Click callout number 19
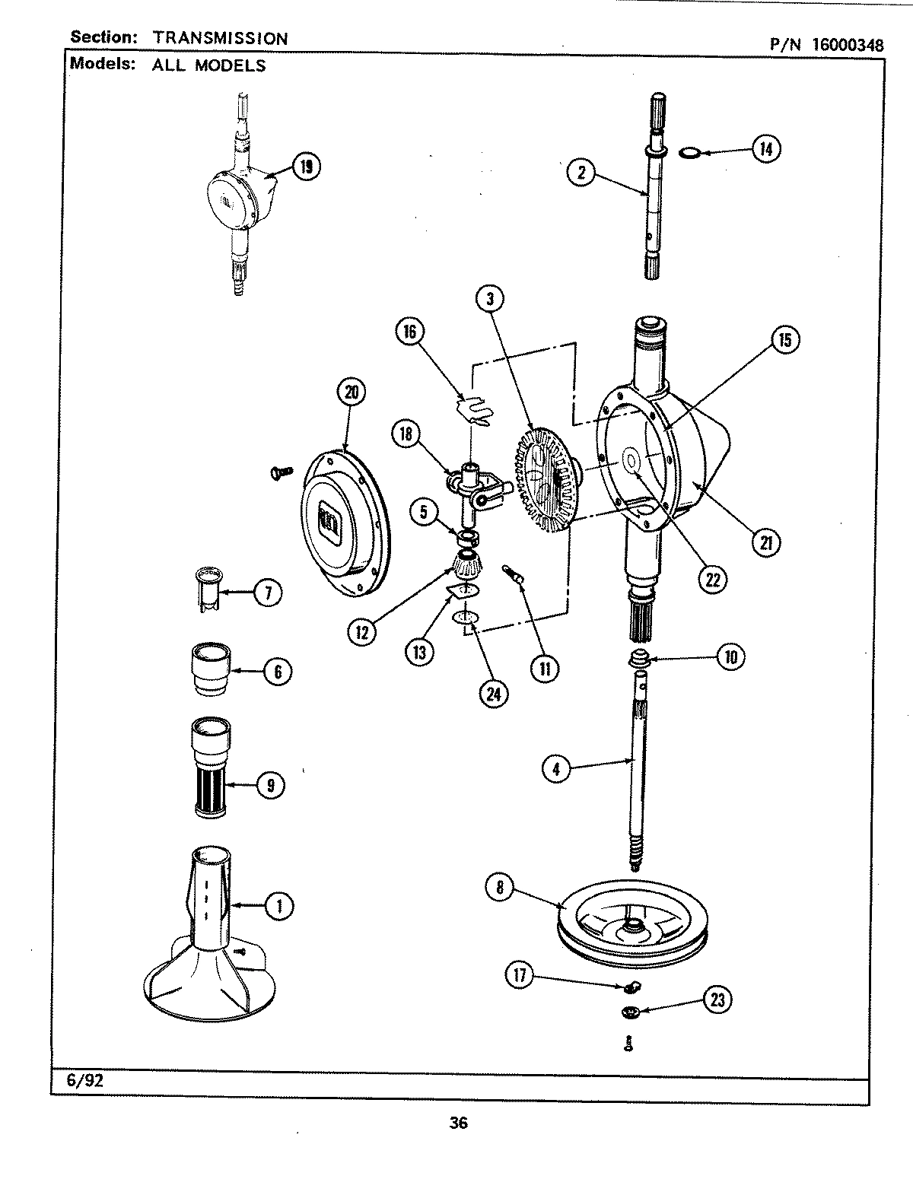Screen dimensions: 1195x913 pos(307,166)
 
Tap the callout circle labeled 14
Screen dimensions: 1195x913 pos(766,149)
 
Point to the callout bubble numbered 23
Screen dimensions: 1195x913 pos(717,1000)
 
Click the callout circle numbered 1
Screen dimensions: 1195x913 pos(280,905)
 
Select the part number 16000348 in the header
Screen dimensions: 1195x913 pos(847,45)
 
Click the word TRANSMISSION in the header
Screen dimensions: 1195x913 pos(220,38)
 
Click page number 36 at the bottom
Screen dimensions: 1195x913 pos(458,1123)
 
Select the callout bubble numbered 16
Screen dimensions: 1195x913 pos(410,332)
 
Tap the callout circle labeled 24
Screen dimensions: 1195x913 pos(494,693)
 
